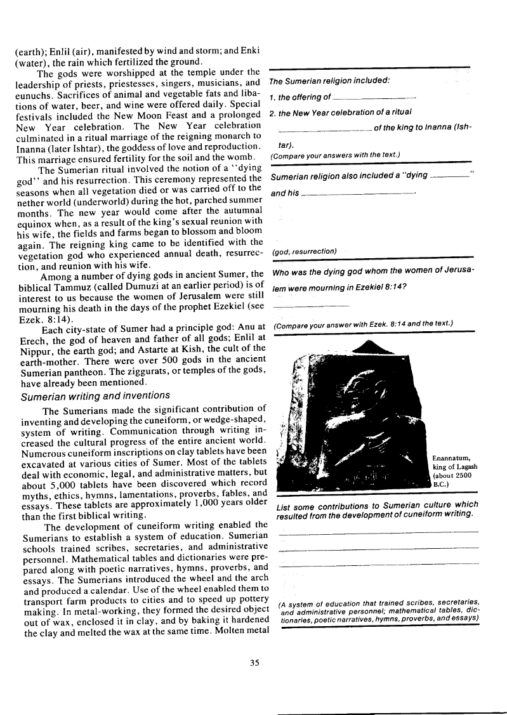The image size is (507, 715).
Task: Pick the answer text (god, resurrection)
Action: (x=304, y=252)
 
